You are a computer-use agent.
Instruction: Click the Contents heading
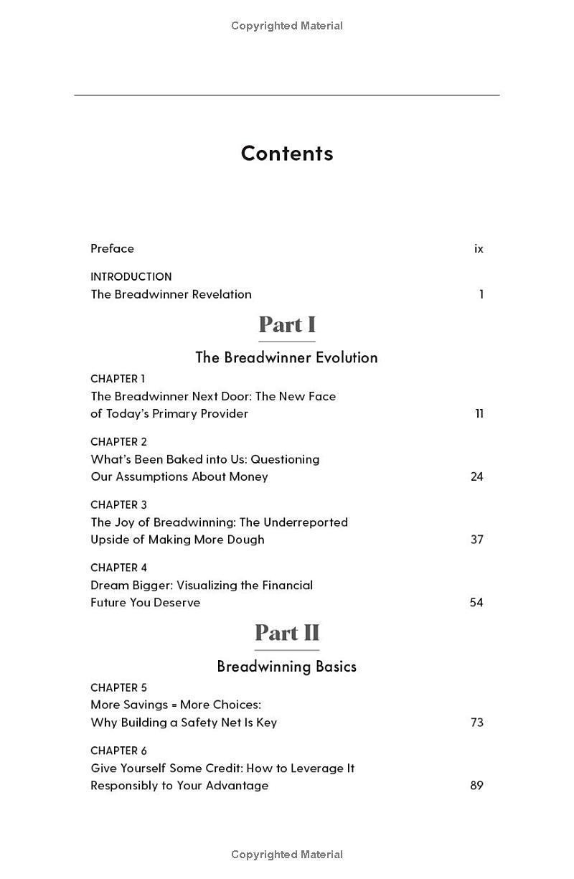287,154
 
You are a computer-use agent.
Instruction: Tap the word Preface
112,249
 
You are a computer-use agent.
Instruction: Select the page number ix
479,249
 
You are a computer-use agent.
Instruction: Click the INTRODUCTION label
131,277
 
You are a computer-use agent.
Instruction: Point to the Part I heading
287,325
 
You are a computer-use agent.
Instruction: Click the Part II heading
287,633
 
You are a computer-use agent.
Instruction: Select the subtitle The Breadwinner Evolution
287,357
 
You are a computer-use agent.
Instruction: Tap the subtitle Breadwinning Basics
287,667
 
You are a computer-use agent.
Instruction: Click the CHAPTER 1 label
118,379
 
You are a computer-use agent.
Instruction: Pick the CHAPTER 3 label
118,505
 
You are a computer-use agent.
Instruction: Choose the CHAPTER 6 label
118,751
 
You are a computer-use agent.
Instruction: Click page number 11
479,414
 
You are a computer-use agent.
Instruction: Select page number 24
476,477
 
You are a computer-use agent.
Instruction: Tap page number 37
476,540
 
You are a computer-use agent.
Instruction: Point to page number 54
476,603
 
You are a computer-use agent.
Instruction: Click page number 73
477,723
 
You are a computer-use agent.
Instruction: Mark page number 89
476,786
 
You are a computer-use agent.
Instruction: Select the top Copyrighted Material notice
287,26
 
